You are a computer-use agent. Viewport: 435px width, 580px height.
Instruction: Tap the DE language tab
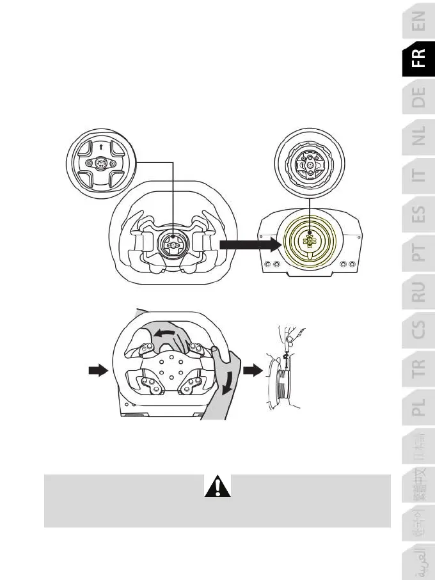[418, 98]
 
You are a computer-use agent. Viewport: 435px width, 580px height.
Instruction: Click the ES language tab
[418, 218]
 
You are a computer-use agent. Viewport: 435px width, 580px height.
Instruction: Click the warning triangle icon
[217, 489]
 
